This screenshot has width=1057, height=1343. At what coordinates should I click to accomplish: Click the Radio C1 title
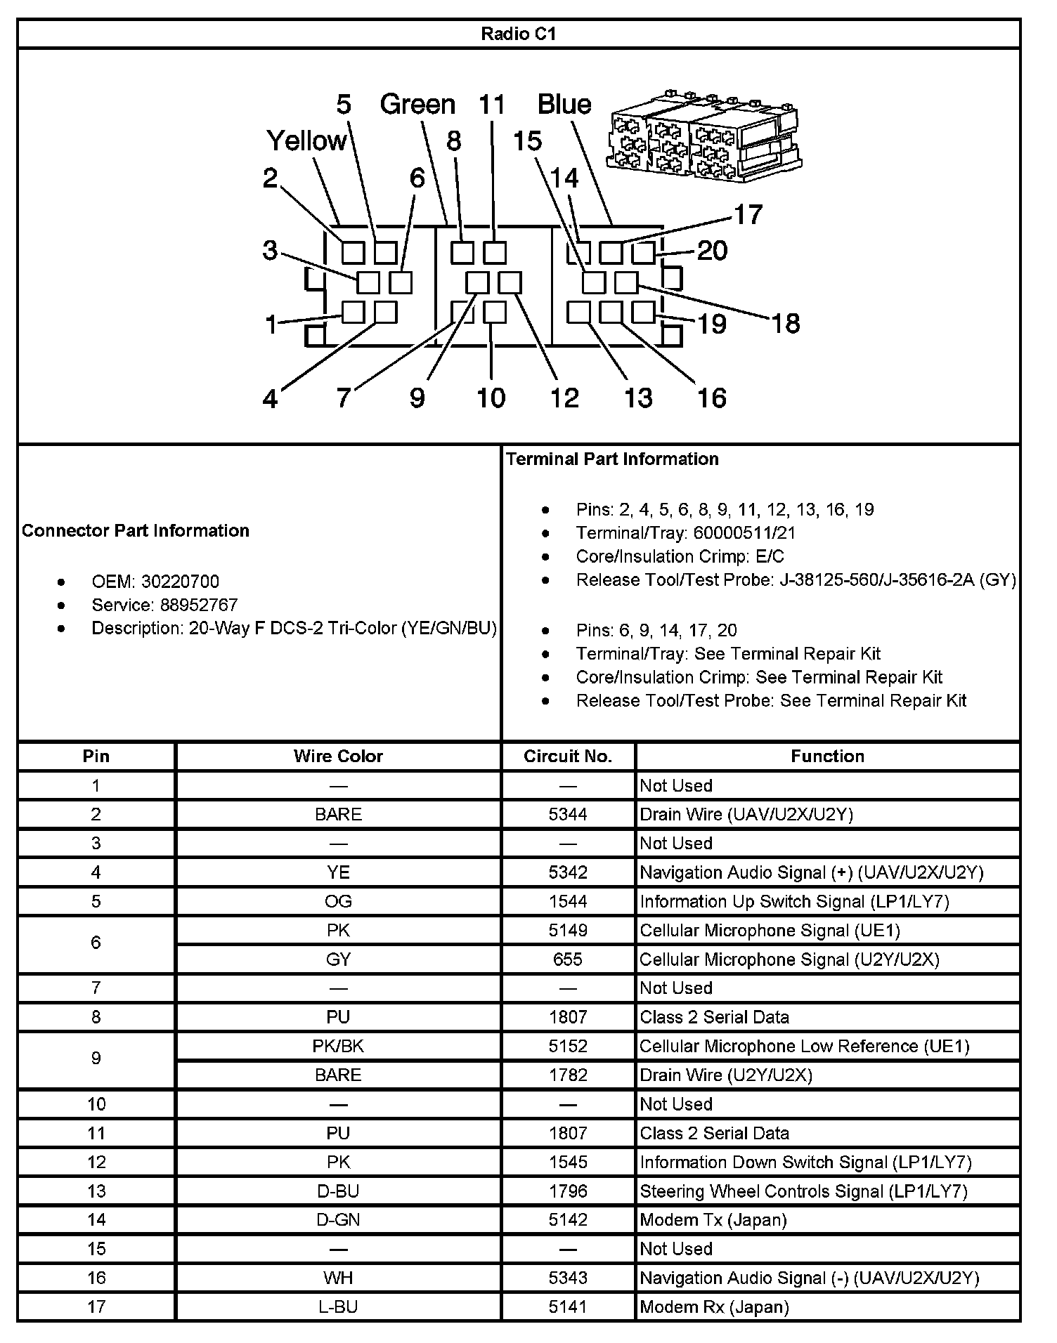click(x=519, y=34)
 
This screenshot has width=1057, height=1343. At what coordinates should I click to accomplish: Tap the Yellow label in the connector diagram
click(x=307, y=141)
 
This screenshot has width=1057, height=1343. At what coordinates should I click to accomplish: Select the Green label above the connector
click(x=417, y=104)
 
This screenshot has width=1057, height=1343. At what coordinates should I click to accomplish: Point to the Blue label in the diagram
click(x=564, y=104)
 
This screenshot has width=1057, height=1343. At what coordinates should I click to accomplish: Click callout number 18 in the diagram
click(x=786, y=324)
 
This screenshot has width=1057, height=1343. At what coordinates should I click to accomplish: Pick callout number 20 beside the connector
click(x=712, y=251)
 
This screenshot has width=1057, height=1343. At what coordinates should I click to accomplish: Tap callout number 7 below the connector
click(x=343, y=398)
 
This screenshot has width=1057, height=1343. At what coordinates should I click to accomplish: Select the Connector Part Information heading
click(x=136, y=530)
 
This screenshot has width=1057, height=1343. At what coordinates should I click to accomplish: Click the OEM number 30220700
click(x=180, y=582)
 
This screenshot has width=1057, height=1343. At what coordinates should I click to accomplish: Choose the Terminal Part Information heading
click(x=612, y=459)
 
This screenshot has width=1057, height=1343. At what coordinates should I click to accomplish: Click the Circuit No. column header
click(x=568, y=756)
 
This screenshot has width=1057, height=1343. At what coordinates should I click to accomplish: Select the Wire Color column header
click(x=338, y=756)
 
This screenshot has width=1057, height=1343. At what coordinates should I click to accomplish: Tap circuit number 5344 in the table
click(x=568, y=814)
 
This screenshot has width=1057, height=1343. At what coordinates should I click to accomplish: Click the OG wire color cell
click(x=338, y=901)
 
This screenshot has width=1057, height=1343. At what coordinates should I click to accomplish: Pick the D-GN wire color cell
click(x=338, y=1220)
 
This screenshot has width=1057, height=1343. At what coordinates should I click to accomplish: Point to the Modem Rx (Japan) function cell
click(x=714, y=1307)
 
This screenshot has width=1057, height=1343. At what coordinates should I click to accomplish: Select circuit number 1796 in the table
click(x=568, y=1191)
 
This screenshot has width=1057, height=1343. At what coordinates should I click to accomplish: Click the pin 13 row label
click(x=96, y=1191)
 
